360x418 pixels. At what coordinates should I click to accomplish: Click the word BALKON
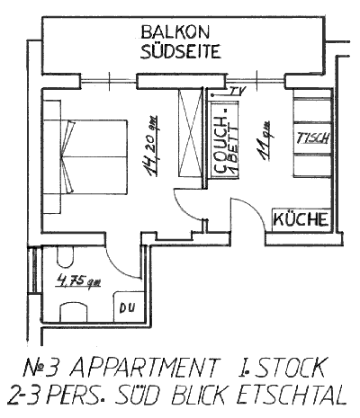175,32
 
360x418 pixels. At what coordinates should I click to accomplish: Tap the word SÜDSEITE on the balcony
181,51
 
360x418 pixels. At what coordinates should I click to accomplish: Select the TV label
238,91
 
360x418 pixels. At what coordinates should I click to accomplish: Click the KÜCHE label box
301,219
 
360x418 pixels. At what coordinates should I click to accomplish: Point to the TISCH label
313,138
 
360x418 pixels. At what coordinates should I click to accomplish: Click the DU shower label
127,307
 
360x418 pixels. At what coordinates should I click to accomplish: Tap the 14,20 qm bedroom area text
152,146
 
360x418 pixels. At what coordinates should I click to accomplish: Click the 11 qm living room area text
265,140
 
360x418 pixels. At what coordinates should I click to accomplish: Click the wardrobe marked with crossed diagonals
190,133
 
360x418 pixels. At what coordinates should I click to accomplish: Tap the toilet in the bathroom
65,257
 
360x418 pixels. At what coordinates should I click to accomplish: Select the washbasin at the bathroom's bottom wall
74,312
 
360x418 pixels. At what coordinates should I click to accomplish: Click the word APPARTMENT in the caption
143,368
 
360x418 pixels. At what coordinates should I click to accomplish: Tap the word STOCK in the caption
291,368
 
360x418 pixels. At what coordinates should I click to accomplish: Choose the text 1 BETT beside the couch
234,149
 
